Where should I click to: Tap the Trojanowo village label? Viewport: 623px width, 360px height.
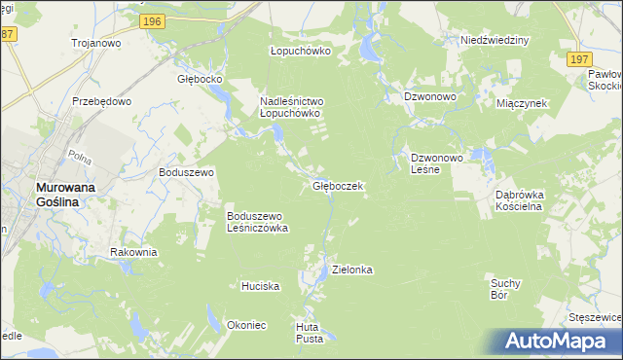[x=94, y=43]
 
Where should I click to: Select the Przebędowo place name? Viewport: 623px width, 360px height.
[x=101, y=100]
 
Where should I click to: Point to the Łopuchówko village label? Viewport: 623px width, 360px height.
[x=301, y=51]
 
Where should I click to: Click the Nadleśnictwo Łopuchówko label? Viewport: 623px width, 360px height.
[x=290, y=107]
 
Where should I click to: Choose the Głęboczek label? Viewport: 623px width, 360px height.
[x=338, y=185]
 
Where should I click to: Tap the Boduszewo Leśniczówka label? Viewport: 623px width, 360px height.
[x=257, y=222]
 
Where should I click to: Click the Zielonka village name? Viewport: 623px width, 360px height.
[x=352, y=269]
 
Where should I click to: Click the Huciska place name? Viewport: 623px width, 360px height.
[x=261, y=286]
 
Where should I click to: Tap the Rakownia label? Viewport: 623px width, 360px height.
[x=133, y=252]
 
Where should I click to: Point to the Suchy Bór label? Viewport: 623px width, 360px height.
[x=506, y=288]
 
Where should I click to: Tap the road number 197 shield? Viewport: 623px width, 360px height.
[x=578, y=59]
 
